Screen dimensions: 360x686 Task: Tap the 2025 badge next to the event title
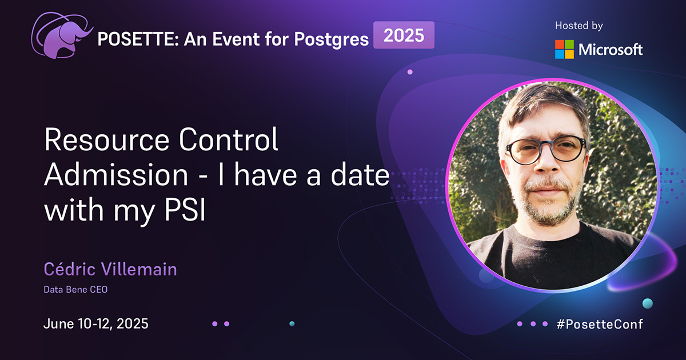(x=404, y=35)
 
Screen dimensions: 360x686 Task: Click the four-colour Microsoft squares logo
(x=564, y=49)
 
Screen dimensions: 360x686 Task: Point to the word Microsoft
(x=611, y=50)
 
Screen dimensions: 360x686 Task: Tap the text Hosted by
(x=579, y=26)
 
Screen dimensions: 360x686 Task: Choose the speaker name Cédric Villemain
(x=110, y=269)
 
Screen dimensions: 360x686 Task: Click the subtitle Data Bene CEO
(x=75, y=290)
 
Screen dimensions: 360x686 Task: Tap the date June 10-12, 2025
(x=96, y=324)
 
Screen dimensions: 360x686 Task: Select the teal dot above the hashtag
(x=647, y=302)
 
